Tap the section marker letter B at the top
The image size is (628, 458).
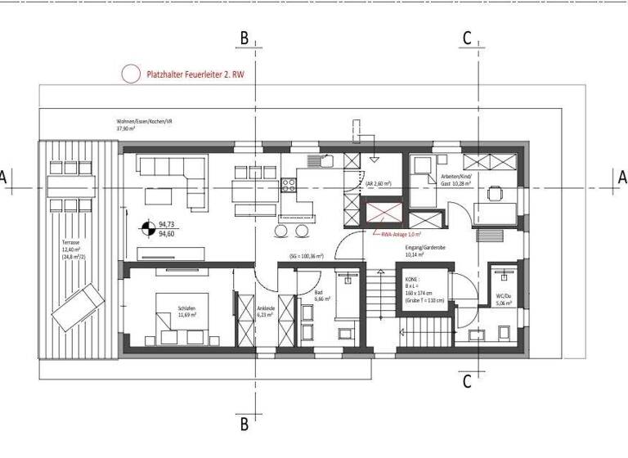coord(243,38)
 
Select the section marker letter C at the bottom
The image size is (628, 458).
coord(467,381)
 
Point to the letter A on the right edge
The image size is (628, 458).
coord(622,176)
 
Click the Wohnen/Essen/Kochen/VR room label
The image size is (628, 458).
coord(145,124)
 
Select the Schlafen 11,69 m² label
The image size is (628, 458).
coord(188,312)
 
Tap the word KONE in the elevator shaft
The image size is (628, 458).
coord(414,280)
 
